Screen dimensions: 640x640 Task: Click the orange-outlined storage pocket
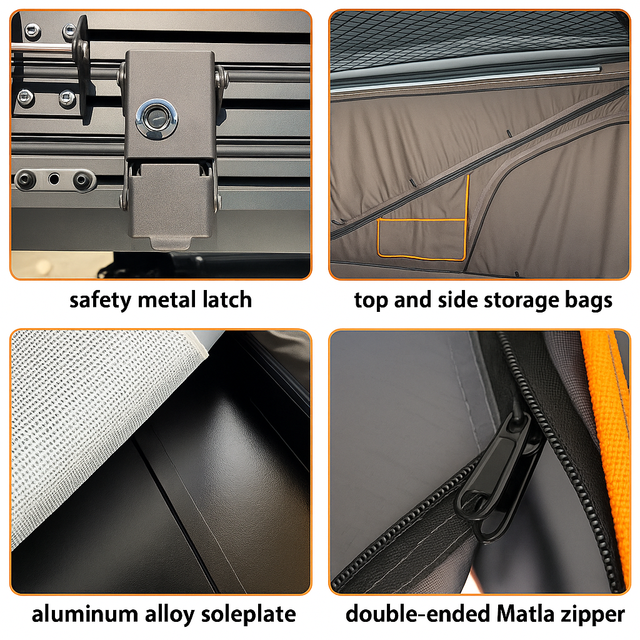pyautogui.click(x=422, y=239)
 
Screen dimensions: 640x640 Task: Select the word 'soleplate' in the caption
pyautogui.click(x=249, y=615)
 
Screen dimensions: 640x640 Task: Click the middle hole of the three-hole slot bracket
pyautogui.click(x=54, y=179)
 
